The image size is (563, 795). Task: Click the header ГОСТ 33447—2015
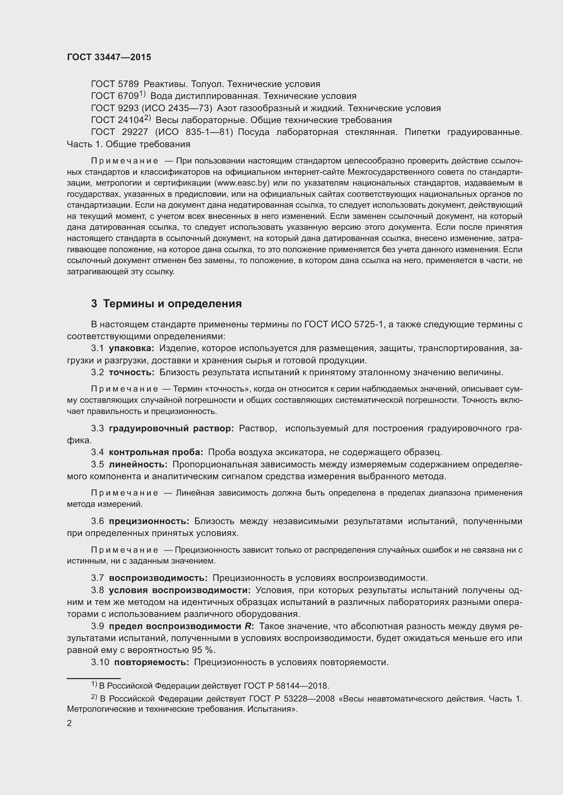click(109, 57)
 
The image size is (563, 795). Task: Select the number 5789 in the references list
click(128, 84)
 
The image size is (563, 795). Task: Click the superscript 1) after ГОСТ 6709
click(142, 94)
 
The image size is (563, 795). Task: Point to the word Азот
click(227, 108)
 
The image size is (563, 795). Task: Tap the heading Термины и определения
click(172, 304)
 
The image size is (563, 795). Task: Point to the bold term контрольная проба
click(156, 452)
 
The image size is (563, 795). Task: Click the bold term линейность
click(138, 464)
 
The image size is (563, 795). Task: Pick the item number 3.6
click(97, 521)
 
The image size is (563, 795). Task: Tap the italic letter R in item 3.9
click(247, 626)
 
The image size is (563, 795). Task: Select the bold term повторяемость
click(151, 662)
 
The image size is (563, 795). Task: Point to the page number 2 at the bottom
click(69, 723)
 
